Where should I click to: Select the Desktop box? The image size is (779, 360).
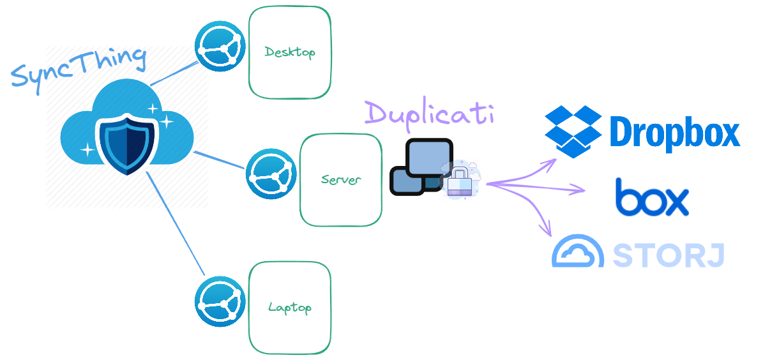(x=290, y=52)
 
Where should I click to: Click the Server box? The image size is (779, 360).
(x=341, y=180)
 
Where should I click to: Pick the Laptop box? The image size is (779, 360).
(x=290, y=308)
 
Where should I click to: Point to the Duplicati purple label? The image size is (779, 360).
(x=429, y=114)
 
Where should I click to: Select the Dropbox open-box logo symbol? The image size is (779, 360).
(x=573, y=131)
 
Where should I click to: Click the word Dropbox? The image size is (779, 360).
(x=674, y=133)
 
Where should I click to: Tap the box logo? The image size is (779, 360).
(x=653, y=197)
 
